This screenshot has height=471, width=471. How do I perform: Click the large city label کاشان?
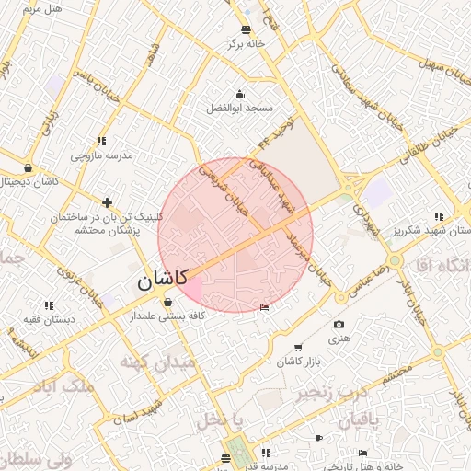click(x=163, y=279)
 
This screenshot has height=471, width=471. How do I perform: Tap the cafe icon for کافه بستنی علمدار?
click(x=167, y=302)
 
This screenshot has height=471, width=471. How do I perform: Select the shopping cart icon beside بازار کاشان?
click(x=297, y=347)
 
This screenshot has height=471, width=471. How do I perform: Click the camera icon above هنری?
click(x=339, y=324)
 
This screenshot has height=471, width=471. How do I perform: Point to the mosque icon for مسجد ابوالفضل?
click(x=240, y=94)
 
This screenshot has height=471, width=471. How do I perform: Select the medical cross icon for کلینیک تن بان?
click(x=108, y=201)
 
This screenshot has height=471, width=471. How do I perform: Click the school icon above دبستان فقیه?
click(x=48, y=304)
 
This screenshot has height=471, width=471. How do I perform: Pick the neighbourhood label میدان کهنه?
click(x=159, y=362)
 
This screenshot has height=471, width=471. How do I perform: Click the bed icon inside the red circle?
click(x=265, y=306)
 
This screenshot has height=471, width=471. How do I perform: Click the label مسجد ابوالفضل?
click(x=240, y=108)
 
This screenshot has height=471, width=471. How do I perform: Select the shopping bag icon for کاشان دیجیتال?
click(x=28, y=168)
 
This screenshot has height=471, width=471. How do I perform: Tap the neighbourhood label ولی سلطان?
click(x=36, y=458)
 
